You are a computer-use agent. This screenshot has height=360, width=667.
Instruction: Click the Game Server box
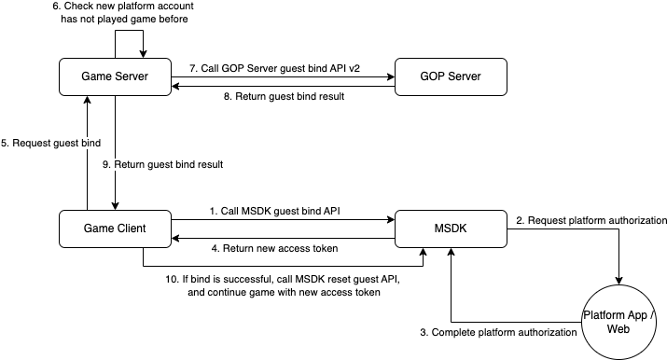(x=115, y=76)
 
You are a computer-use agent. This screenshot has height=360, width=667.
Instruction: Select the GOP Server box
(x=451, y=76)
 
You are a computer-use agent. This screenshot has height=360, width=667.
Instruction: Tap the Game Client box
(x=115, y=228)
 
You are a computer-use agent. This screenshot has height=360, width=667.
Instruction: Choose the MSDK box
(x=451, y=228)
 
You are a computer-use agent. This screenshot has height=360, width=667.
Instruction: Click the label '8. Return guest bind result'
(x=281, y=95)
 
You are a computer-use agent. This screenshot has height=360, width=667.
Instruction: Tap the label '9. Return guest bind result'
(x=169, y=164)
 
